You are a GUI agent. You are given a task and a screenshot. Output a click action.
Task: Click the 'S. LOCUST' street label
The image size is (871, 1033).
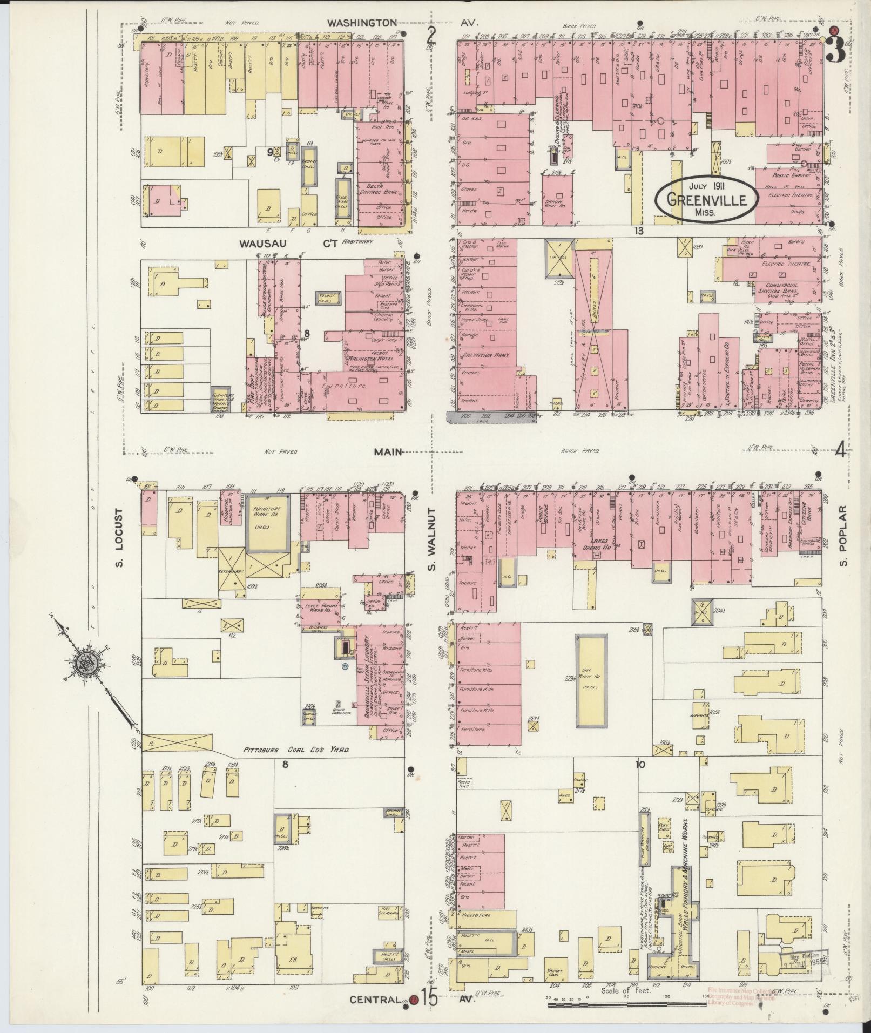click(119, 538)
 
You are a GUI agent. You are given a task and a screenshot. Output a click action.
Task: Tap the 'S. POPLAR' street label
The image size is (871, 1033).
click(844, 537)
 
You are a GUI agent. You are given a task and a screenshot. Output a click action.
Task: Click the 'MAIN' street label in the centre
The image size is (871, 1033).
click(388, 452)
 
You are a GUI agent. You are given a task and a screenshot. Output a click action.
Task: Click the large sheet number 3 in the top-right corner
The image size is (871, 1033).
click(836, 51)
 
